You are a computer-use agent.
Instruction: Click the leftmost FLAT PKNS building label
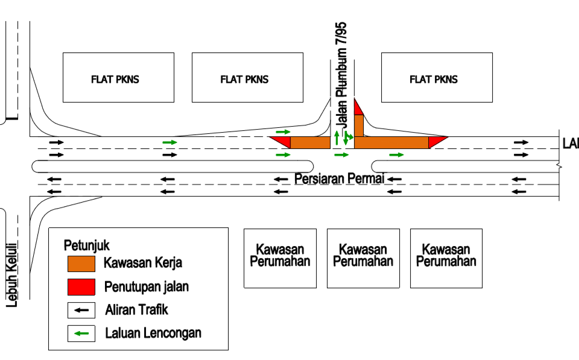point(115,80)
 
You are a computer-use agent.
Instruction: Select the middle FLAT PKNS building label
point(244,80)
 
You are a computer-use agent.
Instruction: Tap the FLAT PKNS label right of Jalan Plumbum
point(434,80)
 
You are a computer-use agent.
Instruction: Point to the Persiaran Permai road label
point(339,178)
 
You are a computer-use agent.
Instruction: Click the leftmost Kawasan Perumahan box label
point(280,255)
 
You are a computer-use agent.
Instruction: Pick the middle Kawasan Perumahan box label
point(363,255)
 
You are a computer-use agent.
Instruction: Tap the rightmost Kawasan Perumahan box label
point(446,255)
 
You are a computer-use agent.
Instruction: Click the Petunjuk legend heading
point(86,245)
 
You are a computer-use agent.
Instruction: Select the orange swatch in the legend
point(81,264)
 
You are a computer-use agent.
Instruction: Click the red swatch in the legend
point(81,286)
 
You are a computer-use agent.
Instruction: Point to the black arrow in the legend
point(81,311)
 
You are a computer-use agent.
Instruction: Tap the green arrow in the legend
point(81,333)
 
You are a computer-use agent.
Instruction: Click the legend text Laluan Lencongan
point(153,333)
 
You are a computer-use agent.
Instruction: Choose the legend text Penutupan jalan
point(147,286)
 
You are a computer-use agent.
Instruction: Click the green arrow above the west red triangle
point(283,131)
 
